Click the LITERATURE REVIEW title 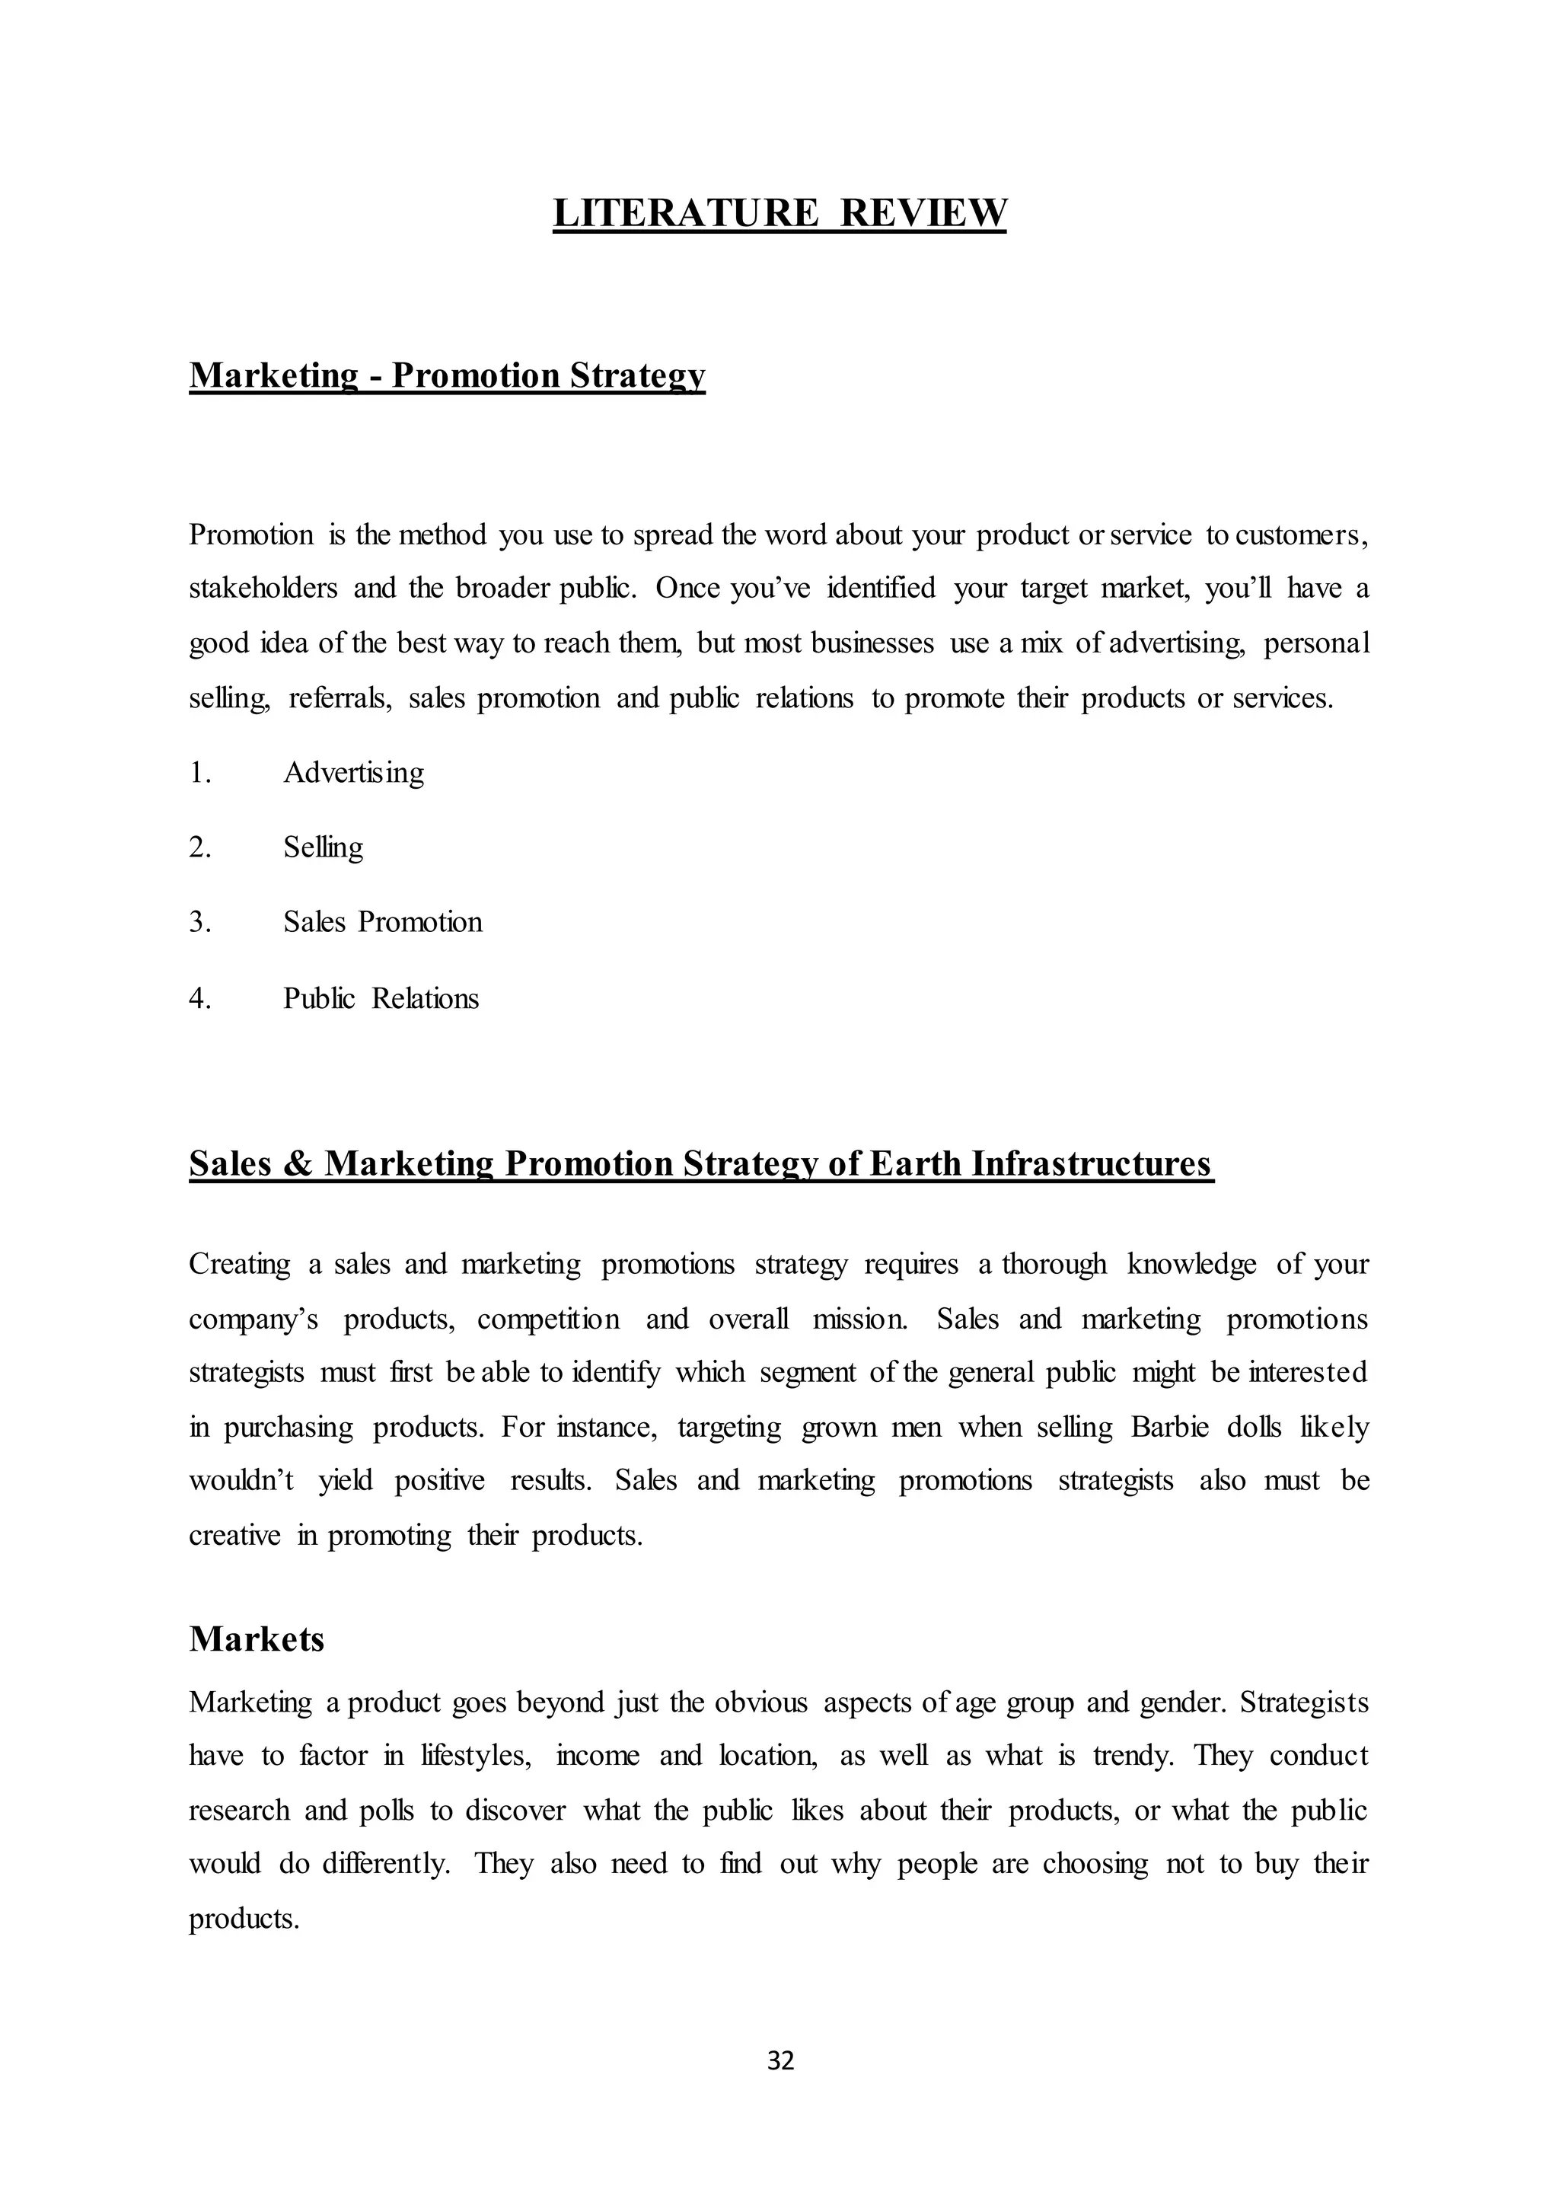pyautogui.click(x=779, y=212)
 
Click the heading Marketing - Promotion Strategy pyautogui.click(x=448, y=375)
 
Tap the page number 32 pyautogui.click(x=780, y=2060)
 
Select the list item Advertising pyautogui.click(x=353, y=772)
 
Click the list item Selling pyautogui.click(x=324, y=847)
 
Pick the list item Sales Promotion pyautogui.click(x=382, y=922)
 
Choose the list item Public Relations pyautogui.click(x=380, y=999)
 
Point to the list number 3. pyautogui.click(x=199, y=922)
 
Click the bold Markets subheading pyautogui.click(x=257, y=1639)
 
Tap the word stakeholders pyautogui.click(x=263, y=588)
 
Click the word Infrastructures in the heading pyautogui.click(x=1092, y=1164)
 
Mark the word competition pyautogui.click(x=548, y=1319)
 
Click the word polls pyautogui.click(x=386, y=1811)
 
